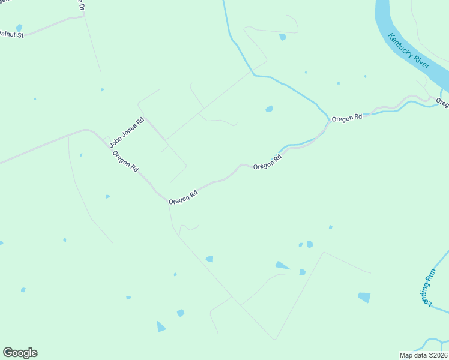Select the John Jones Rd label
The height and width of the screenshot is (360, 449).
pos(127,133)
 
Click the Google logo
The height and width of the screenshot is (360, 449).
pos(20,353)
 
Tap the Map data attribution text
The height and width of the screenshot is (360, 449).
pos(424,355)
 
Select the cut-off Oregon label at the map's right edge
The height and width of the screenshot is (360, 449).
pos(442,103)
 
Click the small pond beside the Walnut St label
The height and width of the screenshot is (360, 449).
pos(19,28)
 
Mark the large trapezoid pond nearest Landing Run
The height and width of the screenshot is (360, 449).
pos(364,297)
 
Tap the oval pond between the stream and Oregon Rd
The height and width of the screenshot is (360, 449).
pos(270,109)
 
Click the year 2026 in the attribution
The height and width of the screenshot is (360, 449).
pos(439,355)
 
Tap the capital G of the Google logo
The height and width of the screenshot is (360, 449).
pos(8,353)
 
